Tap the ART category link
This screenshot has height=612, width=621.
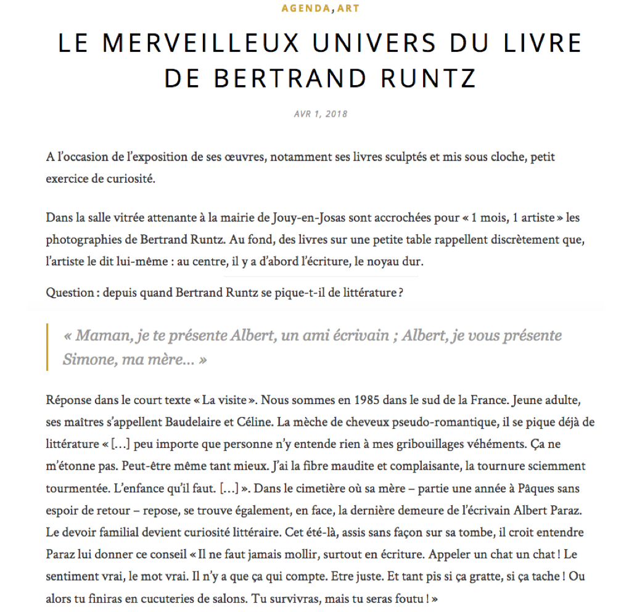click(348, 9)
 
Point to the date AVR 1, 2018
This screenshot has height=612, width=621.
click(321, 114)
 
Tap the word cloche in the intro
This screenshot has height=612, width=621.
click(504, 157)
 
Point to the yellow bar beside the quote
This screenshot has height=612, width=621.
click(47, 347)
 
